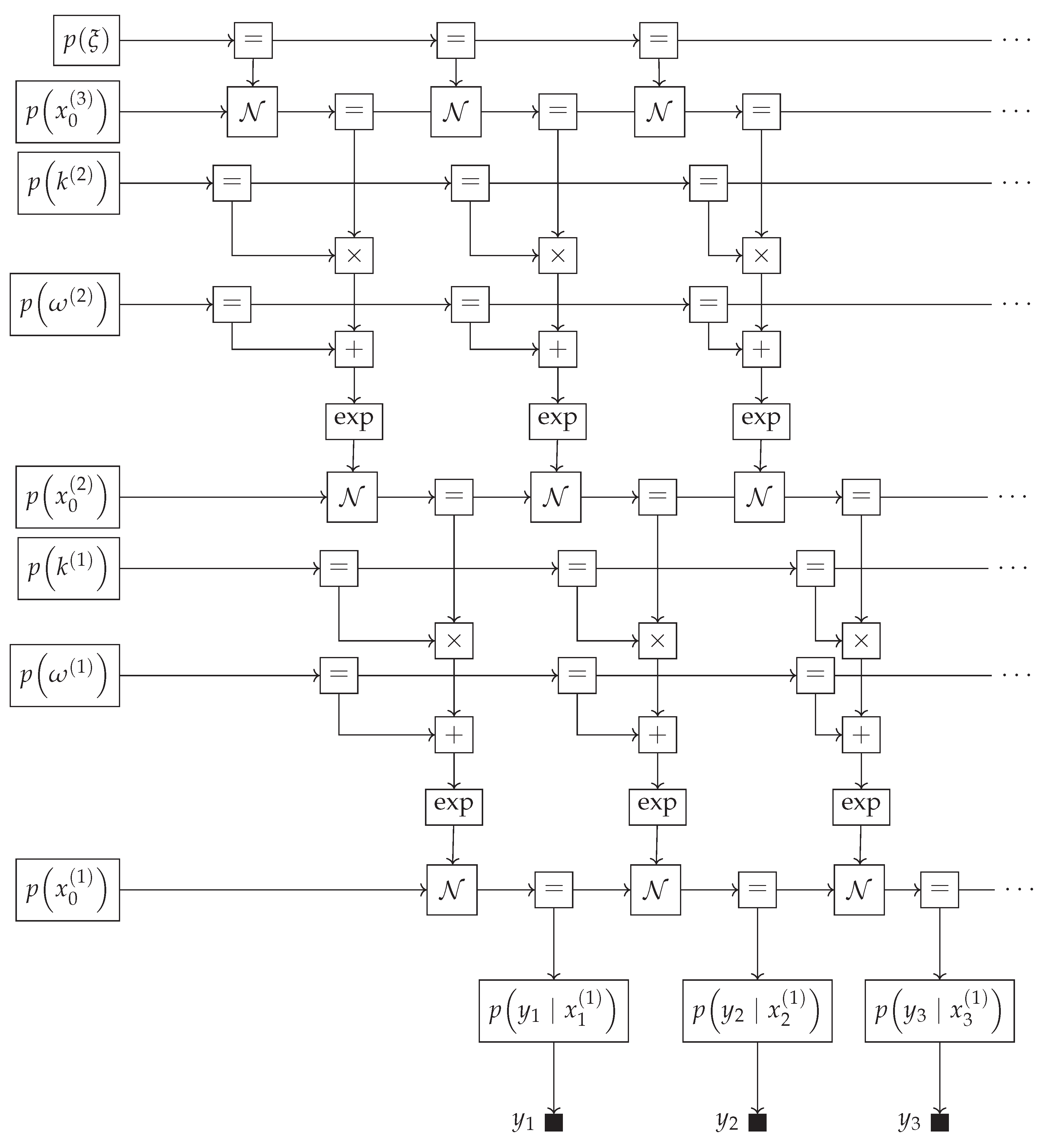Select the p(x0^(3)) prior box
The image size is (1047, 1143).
67,112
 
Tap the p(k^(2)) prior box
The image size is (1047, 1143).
69,183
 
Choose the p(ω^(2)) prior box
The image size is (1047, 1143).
65,304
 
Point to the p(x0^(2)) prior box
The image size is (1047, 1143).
67,497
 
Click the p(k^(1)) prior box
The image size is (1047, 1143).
69,569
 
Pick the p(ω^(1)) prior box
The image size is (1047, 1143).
65,675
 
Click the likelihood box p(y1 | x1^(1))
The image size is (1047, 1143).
554,1011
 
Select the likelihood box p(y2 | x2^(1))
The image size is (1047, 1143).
757,1011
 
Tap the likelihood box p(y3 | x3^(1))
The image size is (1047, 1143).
939,1011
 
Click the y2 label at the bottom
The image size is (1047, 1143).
727,1120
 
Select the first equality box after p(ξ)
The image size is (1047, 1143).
253,40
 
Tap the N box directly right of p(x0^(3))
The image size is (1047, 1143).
252,112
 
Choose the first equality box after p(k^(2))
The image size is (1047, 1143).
232,183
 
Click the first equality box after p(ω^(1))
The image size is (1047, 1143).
339,675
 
